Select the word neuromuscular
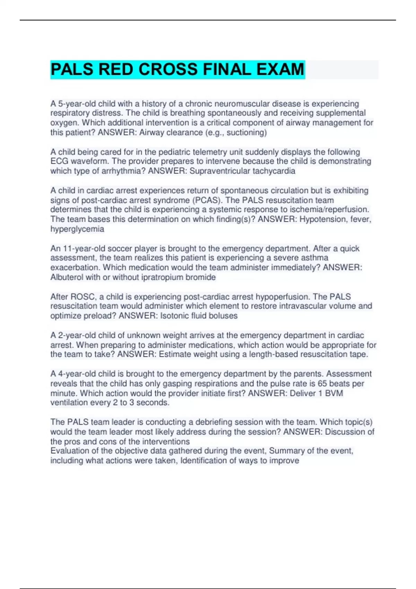click(241, 104)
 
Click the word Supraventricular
click(219, 171)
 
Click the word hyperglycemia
click(77, 229)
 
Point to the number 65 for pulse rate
click(322, 384)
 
